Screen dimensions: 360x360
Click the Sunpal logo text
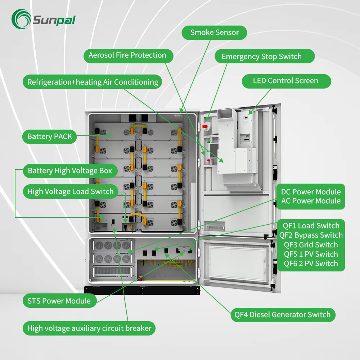pyautogui.click(x=54, y=20)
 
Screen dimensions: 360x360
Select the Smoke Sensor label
pyautogui.click(x=215, y=32)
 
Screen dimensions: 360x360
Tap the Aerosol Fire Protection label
pyautogui.click(x=127, y=55)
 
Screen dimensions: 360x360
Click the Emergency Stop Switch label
pyautogui.click(x=261, y=57)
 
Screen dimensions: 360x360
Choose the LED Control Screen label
pyautogui.click(x=285, y=81)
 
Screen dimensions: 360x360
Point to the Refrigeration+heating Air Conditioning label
pyautogui.click(x=93, y=82)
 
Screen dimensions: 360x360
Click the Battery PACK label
pyautogui.click(x=50, y=136)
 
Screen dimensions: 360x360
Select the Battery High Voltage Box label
pyautogui.click(x=70, y=171)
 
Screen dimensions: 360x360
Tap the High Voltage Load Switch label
pyautogui.click(x=71, y=192)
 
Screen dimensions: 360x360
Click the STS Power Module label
pyautogui.click(x=59, y=301)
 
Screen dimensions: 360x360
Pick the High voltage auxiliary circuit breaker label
pyautogui.click(x=89, y=328)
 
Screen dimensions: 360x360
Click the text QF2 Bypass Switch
pyautogui.click(x=311, y=235)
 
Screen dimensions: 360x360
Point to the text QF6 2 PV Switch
pyautogui.click(x=311, y=264)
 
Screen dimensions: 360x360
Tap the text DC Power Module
pyautogui.click(x=311, y=192)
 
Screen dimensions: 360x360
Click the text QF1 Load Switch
pyautogui.click(x=311, y=226)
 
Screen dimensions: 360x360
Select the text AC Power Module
pyautogui.click(x=311, y=201)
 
